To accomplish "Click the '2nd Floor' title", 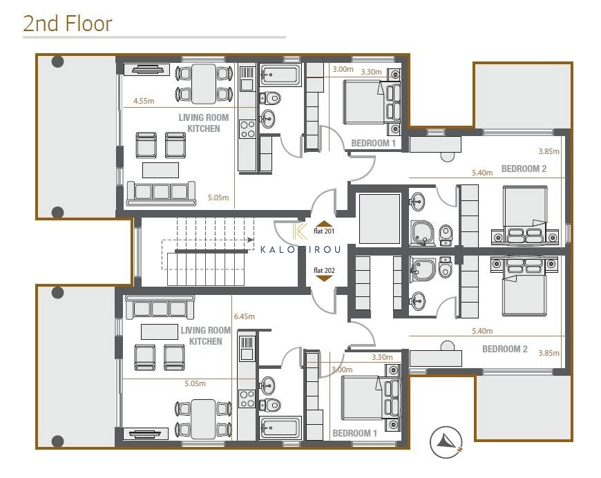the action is tap(68, 23).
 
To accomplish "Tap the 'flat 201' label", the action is tap(324, 231).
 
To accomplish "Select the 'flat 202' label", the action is tap(324, 270).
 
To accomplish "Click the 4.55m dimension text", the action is tap(144, 101).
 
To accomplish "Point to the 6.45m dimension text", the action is tap(244, 316).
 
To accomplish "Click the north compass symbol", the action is tap(446, 442).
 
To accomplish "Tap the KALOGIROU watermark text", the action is tap(300, 249).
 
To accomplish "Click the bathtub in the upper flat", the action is tap(280, 75).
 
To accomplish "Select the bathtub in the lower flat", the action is tap(280, 428).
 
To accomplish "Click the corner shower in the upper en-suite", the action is tap(423, 233).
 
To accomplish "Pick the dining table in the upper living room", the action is tap(204, 84).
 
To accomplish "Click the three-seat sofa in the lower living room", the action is tap(160, 307).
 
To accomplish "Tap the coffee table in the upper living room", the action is tap(160, 170).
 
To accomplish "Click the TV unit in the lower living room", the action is tap(146, 434).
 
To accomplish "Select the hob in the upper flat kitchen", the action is tap(247, 129).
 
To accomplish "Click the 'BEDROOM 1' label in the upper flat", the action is tap(373, 143).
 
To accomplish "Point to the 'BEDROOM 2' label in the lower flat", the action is tap(504, 349).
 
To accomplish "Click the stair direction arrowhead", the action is tap(250, 240).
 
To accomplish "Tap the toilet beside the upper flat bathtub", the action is tap(270, 98).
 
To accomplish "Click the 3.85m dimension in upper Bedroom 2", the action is tap(548, 151).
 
